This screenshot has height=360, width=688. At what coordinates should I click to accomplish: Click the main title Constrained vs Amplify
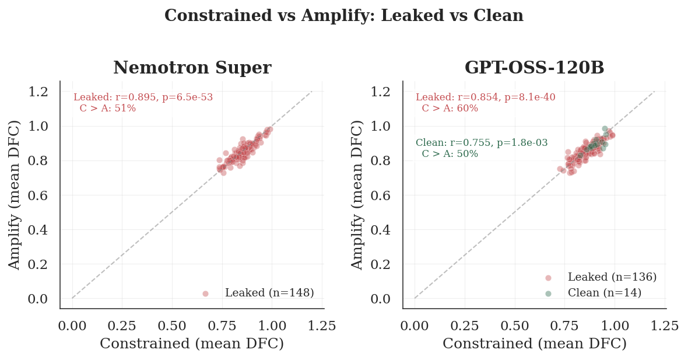343,16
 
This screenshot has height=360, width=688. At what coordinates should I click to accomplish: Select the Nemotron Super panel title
192,68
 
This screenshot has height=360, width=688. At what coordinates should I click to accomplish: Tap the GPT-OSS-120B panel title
534,68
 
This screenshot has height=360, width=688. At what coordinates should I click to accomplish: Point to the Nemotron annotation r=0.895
143,97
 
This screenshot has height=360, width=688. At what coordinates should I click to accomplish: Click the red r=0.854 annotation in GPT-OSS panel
485,97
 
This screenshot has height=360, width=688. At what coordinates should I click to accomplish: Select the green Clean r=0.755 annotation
482,143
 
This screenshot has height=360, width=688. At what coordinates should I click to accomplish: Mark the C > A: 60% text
450,109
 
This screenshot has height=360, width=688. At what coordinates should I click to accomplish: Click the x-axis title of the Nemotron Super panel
192,344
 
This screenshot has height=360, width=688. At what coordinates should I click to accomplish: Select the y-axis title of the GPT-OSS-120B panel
357,194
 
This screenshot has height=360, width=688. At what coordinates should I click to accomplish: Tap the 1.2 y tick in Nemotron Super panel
38,92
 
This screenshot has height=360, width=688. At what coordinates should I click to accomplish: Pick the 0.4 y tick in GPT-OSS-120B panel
381,229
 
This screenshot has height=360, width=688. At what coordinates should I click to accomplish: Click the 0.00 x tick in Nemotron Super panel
72,326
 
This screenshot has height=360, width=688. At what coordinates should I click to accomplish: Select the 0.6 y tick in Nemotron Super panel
38,195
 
